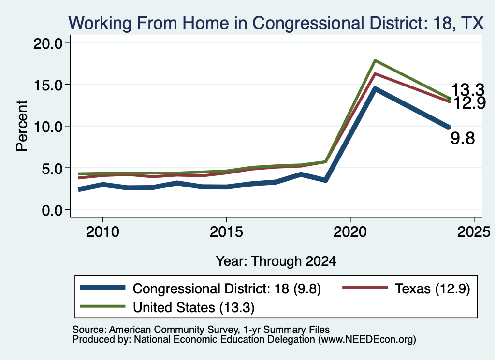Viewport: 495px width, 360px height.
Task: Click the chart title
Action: point(276,23)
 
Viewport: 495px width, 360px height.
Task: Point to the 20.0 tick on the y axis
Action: point(48,43)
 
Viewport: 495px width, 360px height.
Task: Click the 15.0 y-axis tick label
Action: point(48,85)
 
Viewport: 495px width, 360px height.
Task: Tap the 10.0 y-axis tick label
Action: point(48,127)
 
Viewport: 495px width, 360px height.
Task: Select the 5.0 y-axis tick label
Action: point(52,168)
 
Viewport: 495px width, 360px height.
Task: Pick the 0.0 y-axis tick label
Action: point(52,210)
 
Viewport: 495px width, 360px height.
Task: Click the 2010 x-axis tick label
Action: point(102,232)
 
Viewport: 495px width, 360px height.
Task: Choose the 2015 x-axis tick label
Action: point(226,232)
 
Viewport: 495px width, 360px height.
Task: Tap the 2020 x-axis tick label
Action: point(350,232)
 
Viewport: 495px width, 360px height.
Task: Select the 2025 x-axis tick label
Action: point(474,232)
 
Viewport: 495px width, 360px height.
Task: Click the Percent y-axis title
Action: point(22,126)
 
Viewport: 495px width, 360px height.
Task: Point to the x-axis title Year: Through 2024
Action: point(276,261)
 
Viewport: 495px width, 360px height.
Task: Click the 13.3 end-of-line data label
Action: point(467,90)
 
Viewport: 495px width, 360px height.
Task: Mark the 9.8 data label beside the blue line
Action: point(463,139)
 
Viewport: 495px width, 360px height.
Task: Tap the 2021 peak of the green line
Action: point(375,60)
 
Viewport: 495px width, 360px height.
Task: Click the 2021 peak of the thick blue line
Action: point(375,89)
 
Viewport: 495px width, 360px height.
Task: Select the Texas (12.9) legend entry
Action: point(407,288)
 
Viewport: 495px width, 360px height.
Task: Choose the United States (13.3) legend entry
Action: point(167,307)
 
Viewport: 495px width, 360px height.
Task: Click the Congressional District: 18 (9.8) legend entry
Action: point(201,288)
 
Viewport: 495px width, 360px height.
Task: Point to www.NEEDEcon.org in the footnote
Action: point(367,340)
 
